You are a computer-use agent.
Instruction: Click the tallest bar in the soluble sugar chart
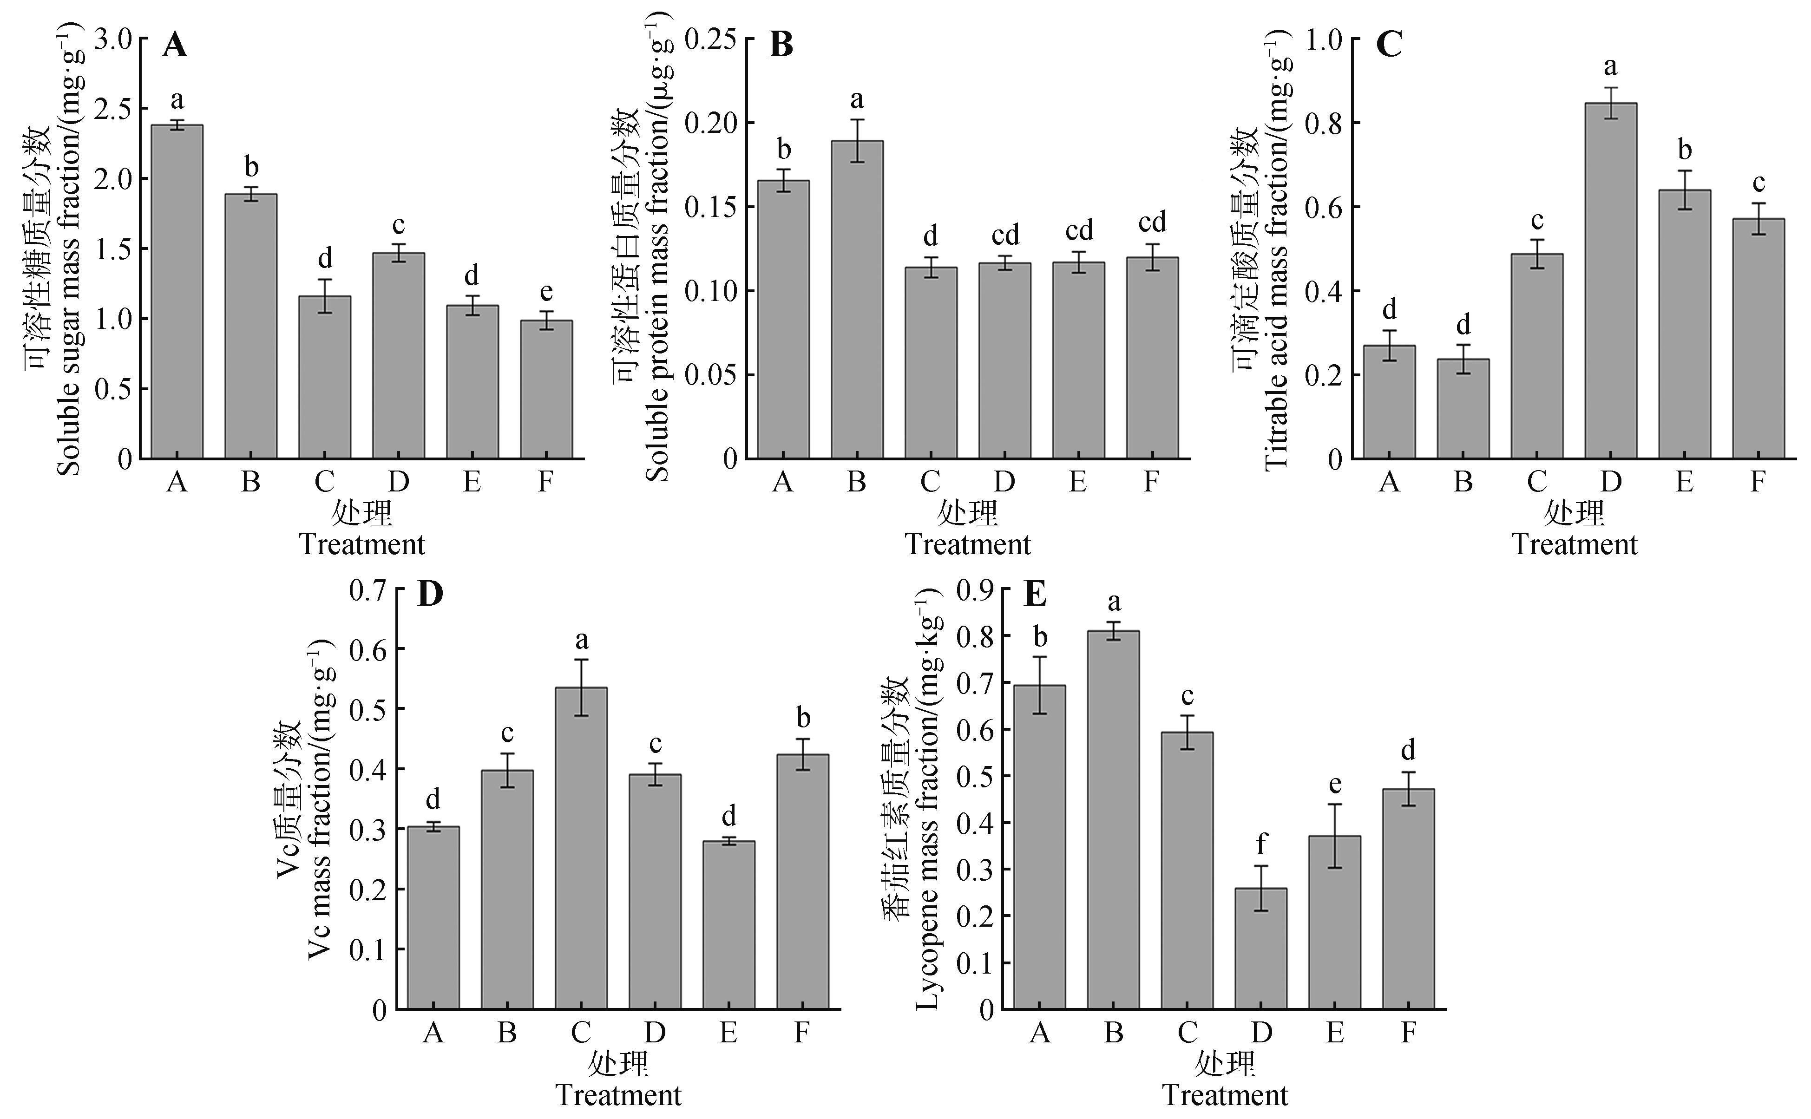click(x=177, y=292)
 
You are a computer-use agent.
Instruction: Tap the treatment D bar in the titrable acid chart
click(x=1610, y=281)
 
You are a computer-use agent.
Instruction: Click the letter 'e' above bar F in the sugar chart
click(x=546, y=292)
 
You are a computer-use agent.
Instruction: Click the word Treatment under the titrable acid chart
click(x=1574, y=545)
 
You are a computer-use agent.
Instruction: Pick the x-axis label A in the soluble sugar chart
click(x=177, y=482)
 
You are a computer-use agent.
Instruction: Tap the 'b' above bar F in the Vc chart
click(x=803, y=717)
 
